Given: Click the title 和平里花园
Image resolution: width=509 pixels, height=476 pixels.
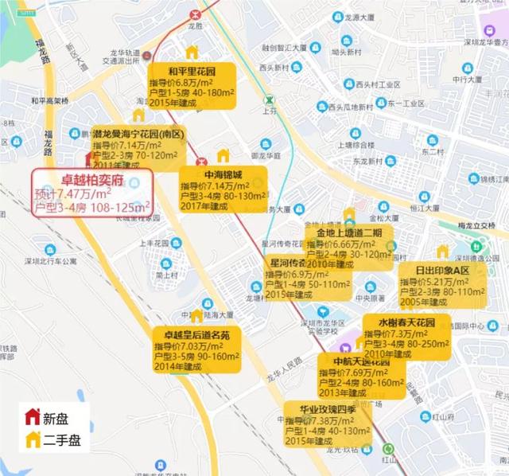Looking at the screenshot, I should click(193, 70).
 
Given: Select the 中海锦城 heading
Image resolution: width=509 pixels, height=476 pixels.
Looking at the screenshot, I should click(211, 174).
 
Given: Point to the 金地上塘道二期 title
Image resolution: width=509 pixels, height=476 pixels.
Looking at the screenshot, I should click(348, 232).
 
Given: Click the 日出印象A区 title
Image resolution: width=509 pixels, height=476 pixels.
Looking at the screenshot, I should click(443, 271).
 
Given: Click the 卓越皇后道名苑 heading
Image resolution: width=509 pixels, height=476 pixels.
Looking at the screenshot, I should click(191, 335).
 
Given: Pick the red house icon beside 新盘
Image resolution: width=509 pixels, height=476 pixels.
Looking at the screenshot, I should click(32, 416).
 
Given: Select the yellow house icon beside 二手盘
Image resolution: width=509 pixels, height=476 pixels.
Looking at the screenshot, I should click(32, 438).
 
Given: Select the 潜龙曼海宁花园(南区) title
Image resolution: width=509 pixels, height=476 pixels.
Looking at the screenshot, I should click(138, 135).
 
